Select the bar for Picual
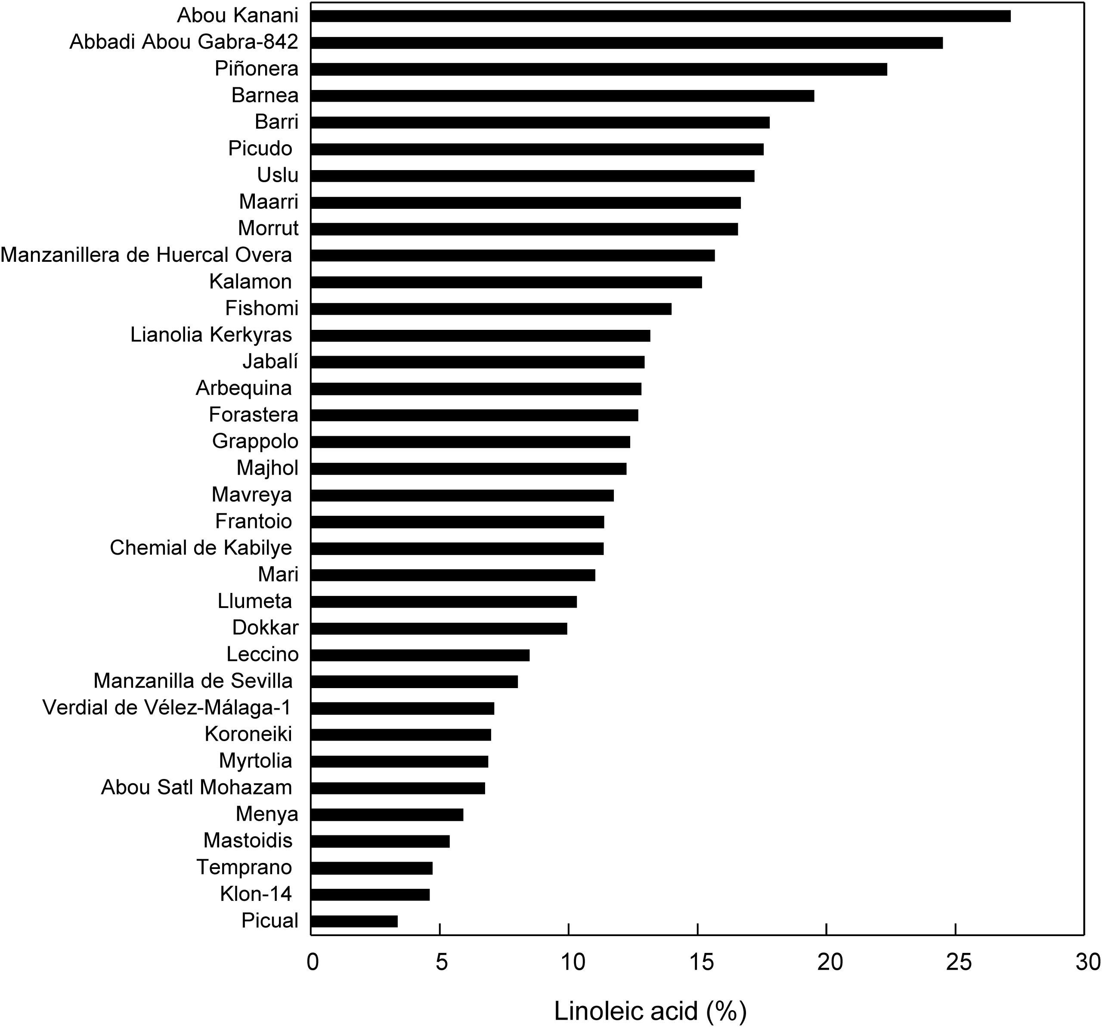(x=354, y=921)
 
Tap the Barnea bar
(x=562, y=96)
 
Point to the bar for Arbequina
(x=476, y=389)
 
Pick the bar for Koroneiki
(x=401, y=735)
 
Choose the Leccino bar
(x=420, y=655)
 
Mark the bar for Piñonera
(x=599, y=69)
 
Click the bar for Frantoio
(x=457, y=522)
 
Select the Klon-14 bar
(x=370, y=894)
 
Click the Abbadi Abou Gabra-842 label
(x=184, y=42)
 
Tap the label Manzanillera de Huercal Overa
(x=146, y=255)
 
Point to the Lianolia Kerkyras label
(x=211, y=335)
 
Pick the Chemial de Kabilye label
(x=201, y=548)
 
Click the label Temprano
(x=244, y=867)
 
